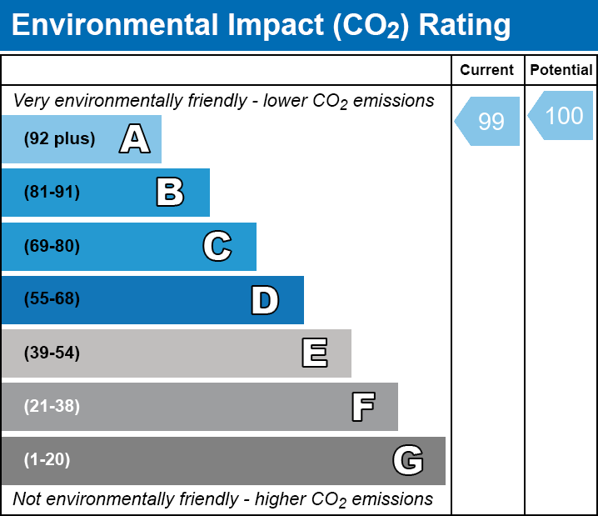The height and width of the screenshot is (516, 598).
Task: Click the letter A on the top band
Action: click(x=134, y=139)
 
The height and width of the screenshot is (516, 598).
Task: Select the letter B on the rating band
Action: click(x=170, y=193)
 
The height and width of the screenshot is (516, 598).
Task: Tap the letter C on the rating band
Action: click(x=217, y=246)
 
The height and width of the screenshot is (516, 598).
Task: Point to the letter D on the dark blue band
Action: click(x=265, y=300)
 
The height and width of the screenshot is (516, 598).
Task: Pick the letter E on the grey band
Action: click(x=314, y=353)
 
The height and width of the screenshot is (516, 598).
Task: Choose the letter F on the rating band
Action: click(x=362, y=407)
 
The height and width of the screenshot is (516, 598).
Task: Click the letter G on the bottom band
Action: click(x=408, y=460)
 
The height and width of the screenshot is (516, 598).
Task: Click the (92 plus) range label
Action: click(x=59, y=139)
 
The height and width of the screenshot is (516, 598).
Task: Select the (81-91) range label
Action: click(x=52, y=193)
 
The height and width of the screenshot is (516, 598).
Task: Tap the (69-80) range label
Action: click(x=52, y=246)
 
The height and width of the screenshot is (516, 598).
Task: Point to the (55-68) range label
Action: click(x=52, y=299)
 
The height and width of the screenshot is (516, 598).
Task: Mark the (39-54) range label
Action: click(x=52, y=353)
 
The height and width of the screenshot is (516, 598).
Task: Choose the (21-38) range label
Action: click(x=52, y=407)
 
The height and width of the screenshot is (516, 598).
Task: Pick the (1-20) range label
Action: click(x=47, y=460)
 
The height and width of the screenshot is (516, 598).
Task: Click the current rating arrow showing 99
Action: click(x=489, y=122)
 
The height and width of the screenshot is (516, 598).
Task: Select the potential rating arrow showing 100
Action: click(x=562, y=116)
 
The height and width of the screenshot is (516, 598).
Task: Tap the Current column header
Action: click(x=487, y=71)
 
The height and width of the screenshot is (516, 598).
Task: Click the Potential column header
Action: click(x=561, y=71)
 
